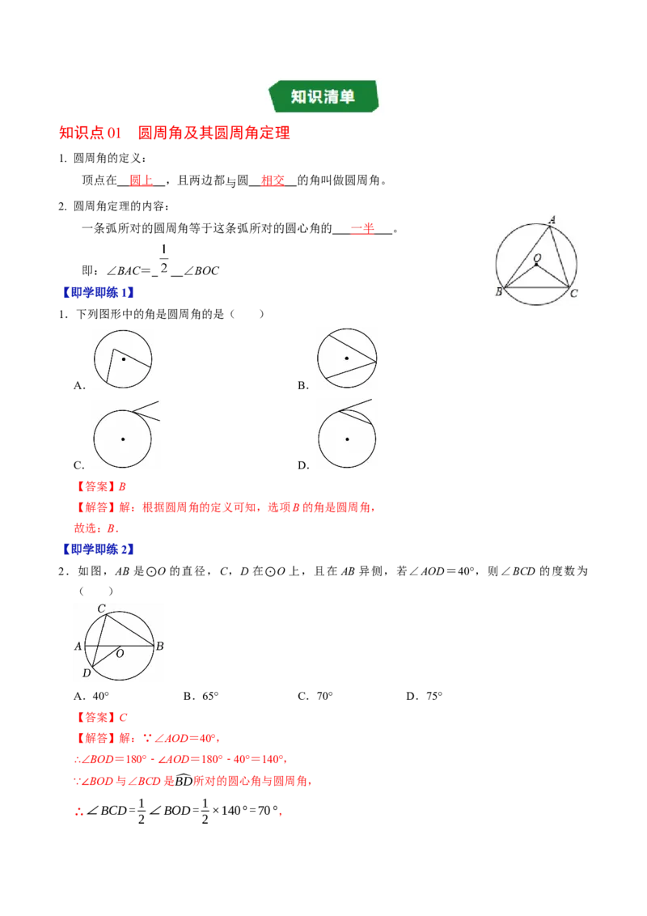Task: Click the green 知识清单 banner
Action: point(323,96)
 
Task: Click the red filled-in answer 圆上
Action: point(141,180)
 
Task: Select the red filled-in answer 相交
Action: point(273,180)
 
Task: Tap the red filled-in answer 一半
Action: point(362,228)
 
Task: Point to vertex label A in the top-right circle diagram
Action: point(552,219)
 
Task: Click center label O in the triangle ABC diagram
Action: point(537,257)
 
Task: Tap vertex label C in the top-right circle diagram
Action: point(574,293)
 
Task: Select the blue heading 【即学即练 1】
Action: point(98,293)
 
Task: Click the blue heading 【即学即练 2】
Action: point(98,549)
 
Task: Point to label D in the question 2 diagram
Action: point(87,673)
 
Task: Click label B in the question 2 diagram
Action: point(159,646)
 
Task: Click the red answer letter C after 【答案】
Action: point(123,718)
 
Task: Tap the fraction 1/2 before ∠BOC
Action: point(164,260)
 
